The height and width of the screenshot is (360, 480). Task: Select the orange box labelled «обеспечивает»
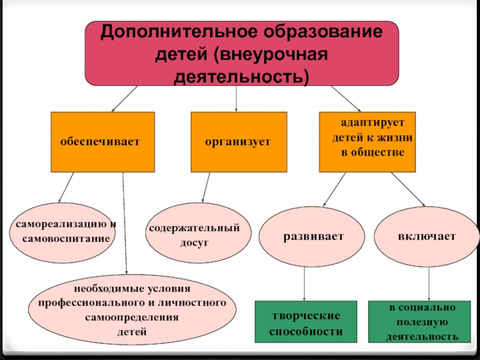tap(103, 142)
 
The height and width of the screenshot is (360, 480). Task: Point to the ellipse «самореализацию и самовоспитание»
tap(62, 232)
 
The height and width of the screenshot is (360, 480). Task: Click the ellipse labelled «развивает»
tap(305, 236)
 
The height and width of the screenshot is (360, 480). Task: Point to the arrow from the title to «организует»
tap(236, 98)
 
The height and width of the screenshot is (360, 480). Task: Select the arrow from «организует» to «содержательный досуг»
tap(206, 188)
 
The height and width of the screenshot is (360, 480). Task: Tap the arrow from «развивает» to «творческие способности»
tap(305, 283)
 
